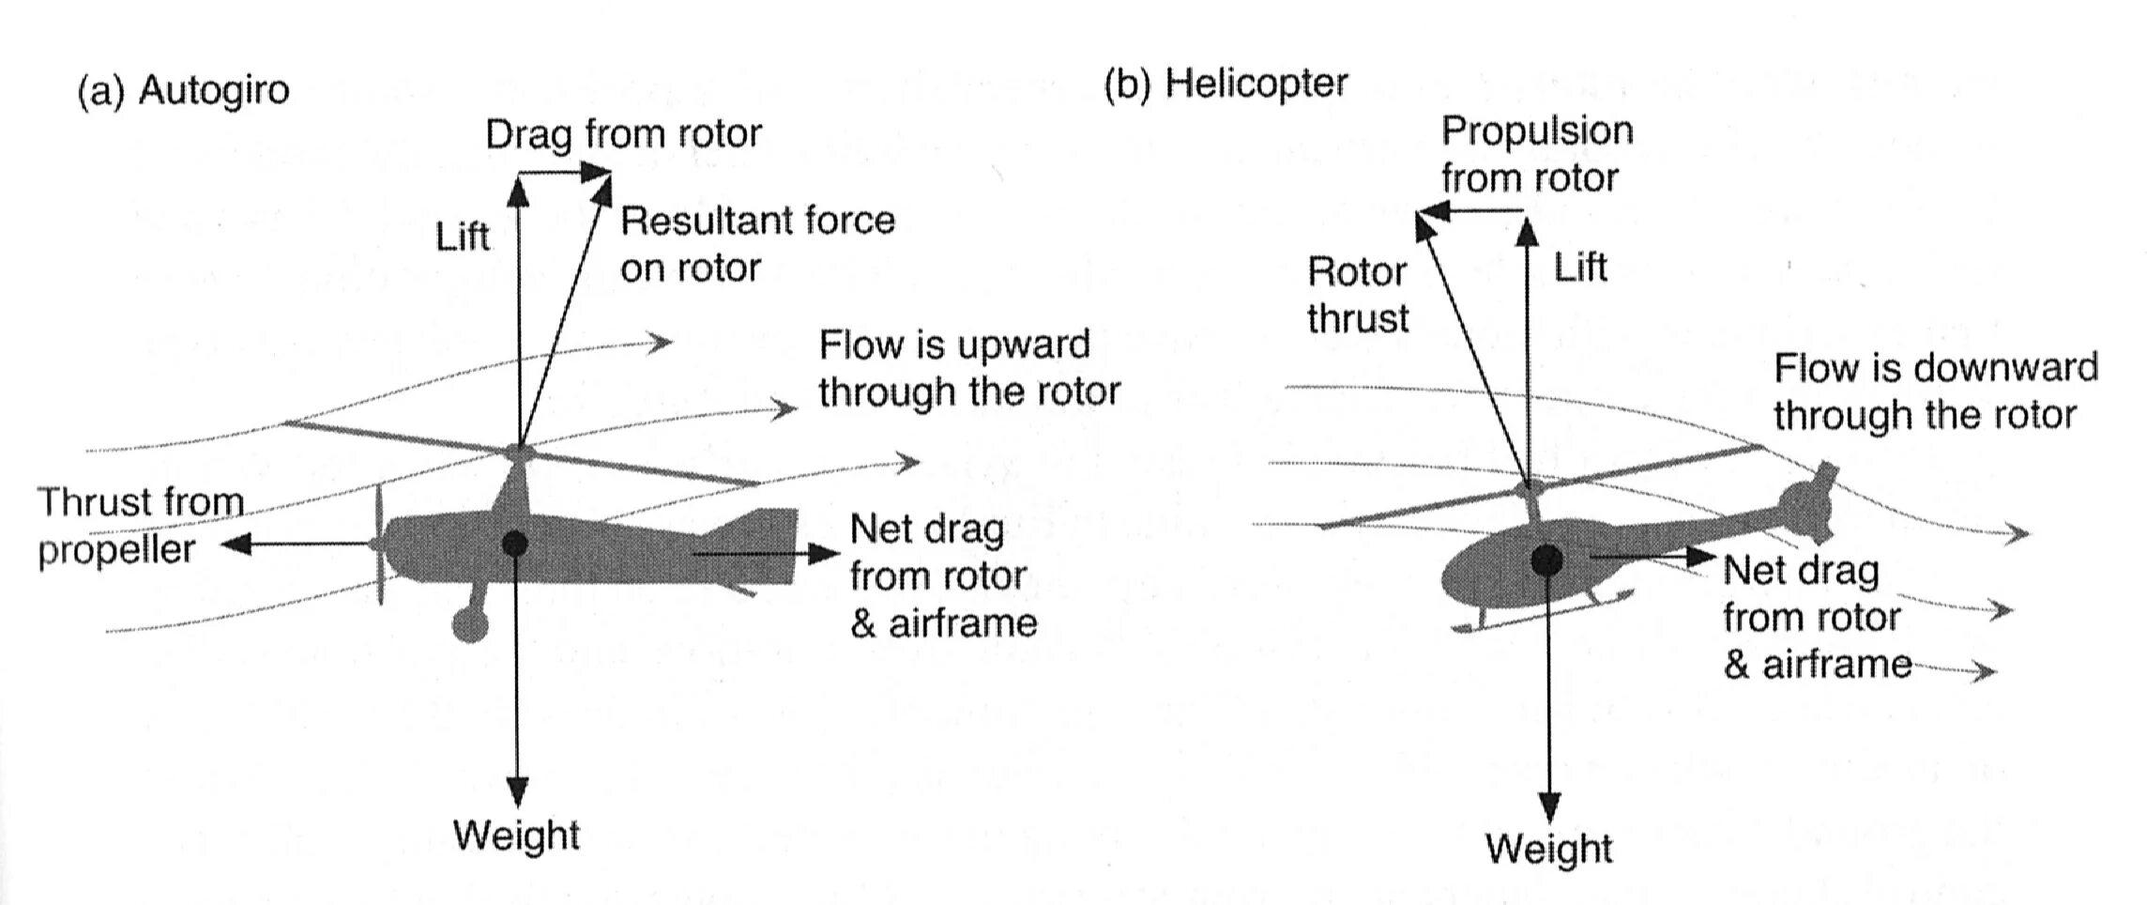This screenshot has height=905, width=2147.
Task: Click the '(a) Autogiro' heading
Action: (184, 91)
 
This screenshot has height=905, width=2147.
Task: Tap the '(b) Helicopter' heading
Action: (1226, 84)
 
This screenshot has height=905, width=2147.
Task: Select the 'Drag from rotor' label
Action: (623, 134)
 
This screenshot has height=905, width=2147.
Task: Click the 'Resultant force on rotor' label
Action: (757, 244)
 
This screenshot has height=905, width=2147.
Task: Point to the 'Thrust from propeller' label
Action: (140, 526)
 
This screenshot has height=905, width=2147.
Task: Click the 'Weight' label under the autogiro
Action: (516, 835)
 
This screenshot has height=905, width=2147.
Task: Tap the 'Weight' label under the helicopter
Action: (1548, 849)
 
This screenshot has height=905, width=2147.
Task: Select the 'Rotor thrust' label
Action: (1358, 296)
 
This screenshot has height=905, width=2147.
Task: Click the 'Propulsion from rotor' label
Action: (1536, 154)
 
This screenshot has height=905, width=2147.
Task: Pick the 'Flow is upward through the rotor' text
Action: (968, 368)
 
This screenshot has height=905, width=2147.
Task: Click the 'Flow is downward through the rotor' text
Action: (1935, 391)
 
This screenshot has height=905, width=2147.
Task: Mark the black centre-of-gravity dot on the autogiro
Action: (514, 544)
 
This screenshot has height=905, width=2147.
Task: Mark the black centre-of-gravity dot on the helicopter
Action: (1546, 560)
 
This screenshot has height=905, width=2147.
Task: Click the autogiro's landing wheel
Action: (469, 623)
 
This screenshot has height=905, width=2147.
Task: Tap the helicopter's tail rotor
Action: (1809, 503)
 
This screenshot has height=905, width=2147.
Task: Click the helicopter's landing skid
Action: (1539, 613)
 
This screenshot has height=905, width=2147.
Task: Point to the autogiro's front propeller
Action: (377, 545)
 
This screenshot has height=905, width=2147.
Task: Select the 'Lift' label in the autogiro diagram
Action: (463, 238)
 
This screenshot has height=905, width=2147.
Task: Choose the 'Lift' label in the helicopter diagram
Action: (1580, 268)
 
